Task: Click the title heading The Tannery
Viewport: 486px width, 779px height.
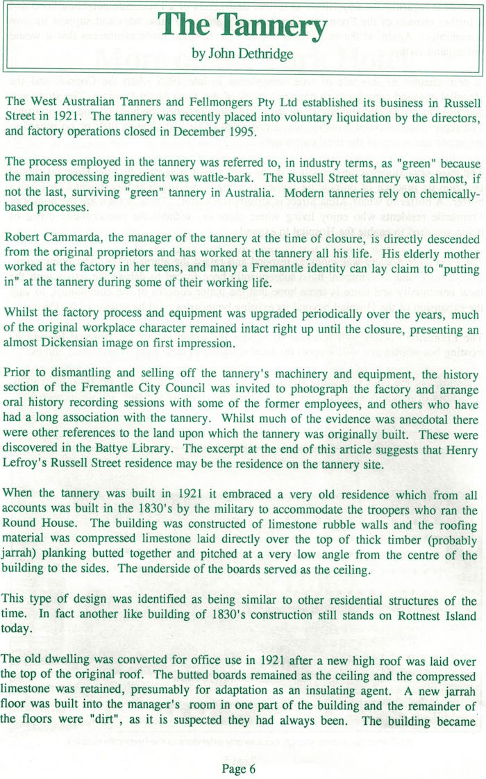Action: [243, 27]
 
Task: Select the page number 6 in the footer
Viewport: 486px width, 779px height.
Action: [253, 749]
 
